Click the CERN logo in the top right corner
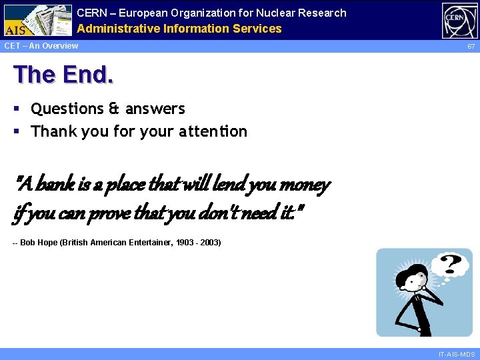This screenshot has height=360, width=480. [x=459, y=20]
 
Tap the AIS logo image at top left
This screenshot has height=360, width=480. [x=37, y=19]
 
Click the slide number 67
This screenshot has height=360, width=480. [x=471, y=47]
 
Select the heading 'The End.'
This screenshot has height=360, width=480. [x=63, y=75]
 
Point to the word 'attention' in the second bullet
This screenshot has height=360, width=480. [x=213, y=131]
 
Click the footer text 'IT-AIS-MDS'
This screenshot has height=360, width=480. [x=457, y=354]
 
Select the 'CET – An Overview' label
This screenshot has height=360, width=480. [x=41, y=46]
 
